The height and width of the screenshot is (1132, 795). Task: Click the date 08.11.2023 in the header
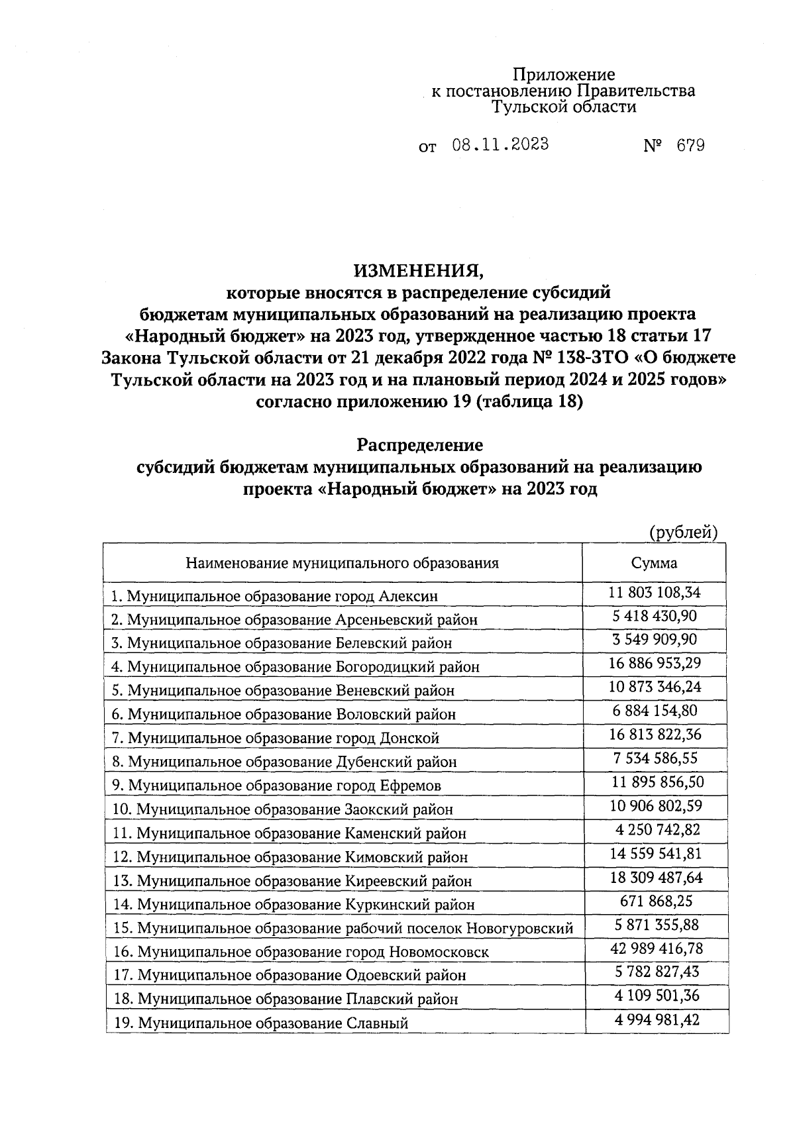pyautogui.click(x=500, y=145)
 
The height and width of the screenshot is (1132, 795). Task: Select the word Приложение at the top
pyautogui.click(x=564, y=75)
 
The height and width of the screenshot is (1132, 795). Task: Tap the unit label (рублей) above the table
pyautogui.click(x=683, y=532)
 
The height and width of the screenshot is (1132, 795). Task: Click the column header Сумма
pyautogui.click(x=654, y=563)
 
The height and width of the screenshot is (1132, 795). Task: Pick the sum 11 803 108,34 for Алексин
pyautogui.click(x=655, y=592)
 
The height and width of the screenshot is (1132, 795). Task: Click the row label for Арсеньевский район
pyautogui.click(x=294, y=619)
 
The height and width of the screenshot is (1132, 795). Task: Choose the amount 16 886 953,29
pyautogui.click(x=655, y=663)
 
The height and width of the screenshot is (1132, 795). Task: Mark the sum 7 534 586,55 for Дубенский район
pyautogui.click(x=655, y=758)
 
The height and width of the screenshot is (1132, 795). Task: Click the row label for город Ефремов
pyautogui.click(x=276, y=786)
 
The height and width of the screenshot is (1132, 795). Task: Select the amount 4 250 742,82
pyautogui.click(x=656, y=829)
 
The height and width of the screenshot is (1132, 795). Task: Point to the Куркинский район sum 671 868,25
pyautogui.click(x=656, y=901)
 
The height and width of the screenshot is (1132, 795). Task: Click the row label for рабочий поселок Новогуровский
pyautogui.click(x=343, y=928)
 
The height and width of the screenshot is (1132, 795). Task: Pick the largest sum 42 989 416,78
pyautogui.click(x=656, y=949)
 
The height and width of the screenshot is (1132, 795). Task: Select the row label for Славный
pyautogui.click(x=260, y=1023)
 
